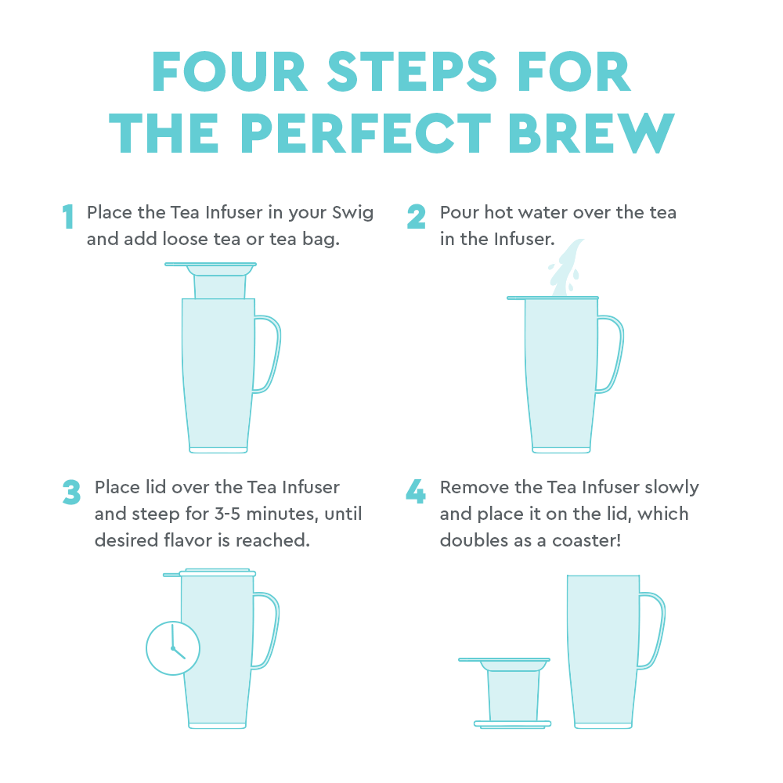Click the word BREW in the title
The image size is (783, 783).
[591, 133]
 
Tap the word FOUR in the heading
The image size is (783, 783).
[229, 72]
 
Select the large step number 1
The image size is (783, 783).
[68, 216]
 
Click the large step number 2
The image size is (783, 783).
[416, 216]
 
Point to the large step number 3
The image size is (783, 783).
[71, 492]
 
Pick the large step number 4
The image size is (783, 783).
[416, 491]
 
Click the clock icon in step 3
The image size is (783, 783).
[173, 648]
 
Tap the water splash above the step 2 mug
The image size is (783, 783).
[566, 268]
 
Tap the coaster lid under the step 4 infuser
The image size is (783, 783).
[512, 724]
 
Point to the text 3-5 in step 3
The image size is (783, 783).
[227, 514]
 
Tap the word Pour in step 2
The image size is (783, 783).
[460, 212]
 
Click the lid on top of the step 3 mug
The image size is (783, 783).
[210, 573]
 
